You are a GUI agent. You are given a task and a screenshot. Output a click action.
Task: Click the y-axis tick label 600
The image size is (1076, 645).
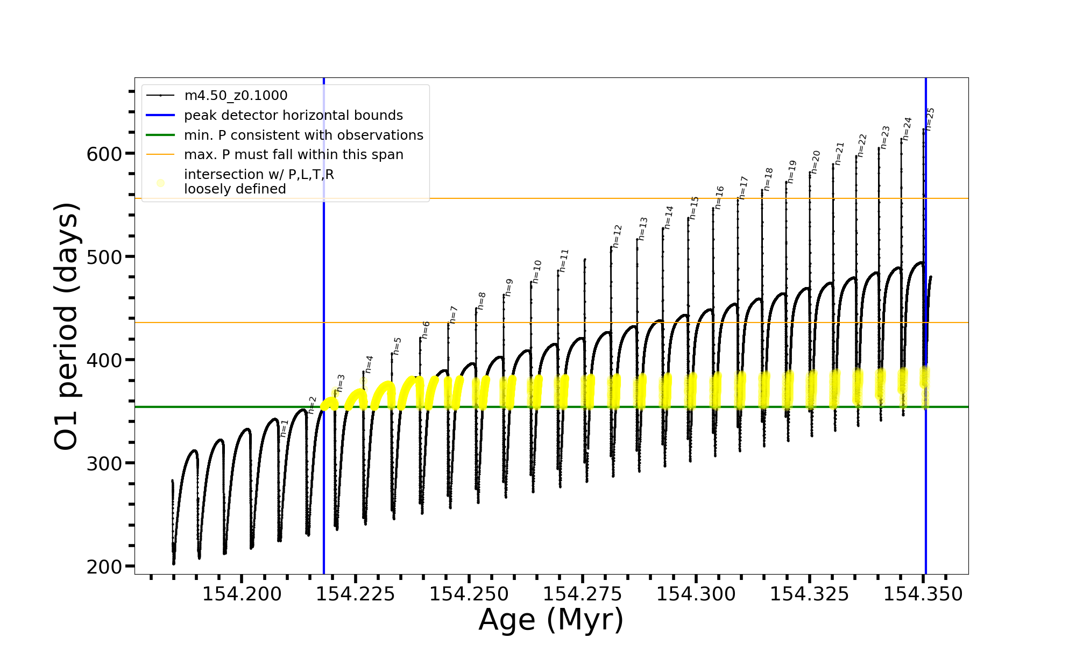point(104,154)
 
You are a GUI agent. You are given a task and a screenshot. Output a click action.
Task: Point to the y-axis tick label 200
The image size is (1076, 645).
point(104,567)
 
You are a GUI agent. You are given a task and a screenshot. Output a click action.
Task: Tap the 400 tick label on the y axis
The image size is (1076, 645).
point(104,361)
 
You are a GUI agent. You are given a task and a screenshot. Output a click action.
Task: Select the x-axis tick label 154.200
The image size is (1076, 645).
point(242,594)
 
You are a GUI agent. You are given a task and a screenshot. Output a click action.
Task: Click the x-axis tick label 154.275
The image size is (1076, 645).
point(583,594)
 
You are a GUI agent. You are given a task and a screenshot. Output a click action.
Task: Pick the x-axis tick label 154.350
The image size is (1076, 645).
point(923,594)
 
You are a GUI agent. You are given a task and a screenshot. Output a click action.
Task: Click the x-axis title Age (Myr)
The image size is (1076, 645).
point(551,620)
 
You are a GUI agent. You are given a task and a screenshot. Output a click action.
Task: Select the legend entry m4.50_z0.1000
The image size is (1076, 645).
point(236,96)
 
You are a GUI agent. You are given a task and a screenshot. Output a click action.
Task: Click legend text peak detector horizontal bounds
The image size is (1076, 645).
point(293,116)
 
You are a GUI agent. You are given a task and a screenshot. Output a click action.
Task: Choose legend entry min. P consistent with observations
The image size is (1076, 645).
point(303,135)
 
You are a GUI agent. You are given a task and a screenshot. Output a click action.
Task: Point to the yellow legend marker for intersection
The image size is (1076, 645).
point(160,183)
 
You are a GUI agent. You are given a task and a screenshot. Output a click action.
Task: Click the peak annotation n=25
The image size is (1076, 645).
point(930,119)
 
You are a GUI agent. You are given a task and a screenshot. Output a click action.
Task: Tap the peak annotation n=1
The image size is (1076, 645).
point(284,428)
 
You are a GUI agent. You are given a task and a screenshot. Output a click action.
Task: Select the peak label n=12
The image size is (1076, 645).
point(617,236)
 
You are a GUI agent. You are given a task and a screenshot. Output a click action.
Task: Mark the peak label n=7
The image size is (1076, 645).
point(453,315)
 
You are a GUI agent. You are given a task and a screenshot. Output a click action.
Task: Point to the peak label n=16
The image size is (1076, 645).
point(719,197)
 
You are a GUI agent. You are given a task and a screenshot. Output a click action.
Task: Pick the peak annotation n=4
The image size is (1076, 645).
point(369,364)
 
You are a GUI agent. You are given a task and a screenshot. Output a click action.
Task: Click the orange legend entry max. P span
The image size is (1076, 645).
point(293,155)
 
